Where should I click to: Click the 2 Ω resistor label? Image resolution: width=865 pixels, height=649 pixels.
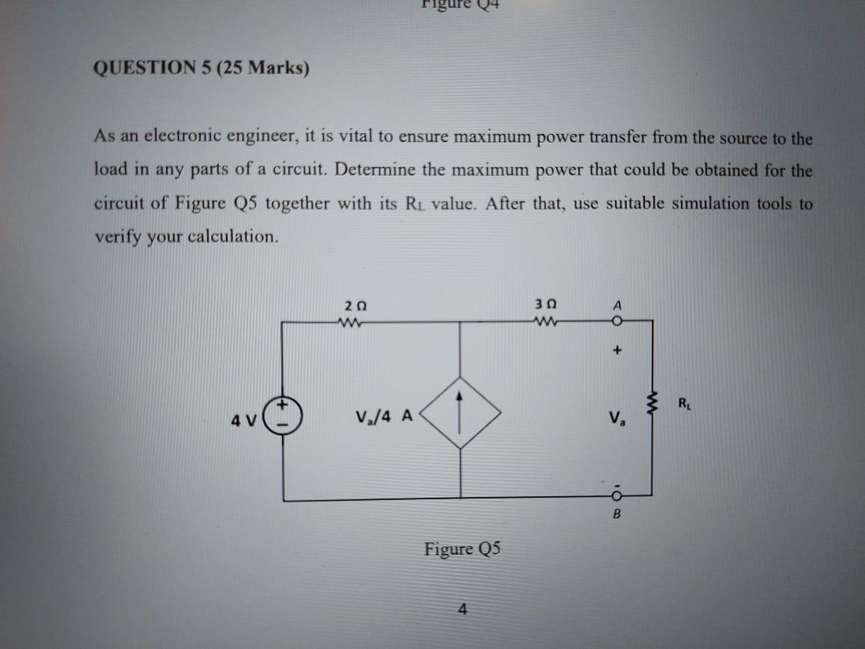pos(355,306)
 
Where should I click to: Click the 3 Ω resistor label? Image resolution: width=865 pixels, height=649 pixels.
pos(546,306)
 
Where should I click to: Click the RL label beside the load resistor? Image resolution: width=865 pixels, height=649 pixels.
pos(685,406)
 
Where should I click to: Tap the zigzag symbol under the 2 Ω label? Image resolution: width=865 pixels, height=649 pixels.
pos(352,323)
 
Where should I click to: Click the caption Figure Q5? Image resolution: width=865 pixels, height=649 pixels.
pos(462,549)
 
